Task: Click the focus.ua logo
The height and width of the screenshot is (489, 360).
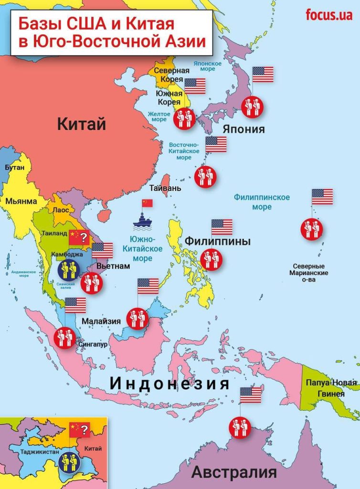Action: point(329,15)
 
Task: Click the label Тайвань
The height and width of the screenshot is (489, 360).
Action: point(165,188)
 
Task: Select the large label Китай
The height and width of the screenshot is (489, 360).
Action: point(81,124)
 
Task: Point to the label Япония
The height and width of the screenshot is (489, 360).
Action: point(244,129)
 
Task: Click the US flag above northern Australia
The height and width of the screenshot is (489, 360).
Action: point(251,395)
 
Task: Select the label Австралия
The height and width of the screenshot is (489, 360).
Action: point(234,472)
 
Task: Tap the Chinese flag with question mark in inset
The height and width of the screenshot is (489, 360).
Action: point(79,429)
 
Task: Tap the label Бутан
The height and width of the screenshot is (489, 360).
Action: point(13,168)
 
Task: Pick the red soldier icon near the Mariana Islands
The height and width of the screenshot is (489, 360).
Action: point(311,229)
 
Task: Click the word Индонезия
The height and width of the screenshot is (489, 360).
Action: point(169,383)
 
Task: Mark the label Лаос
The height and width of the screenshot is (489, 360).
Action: point(61,210)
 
